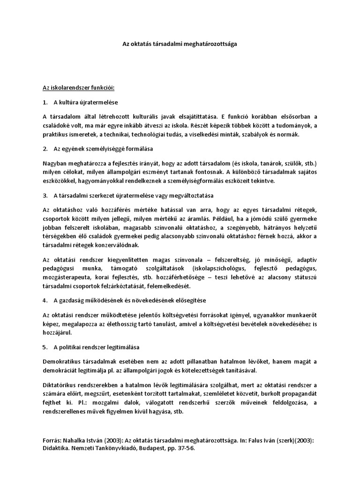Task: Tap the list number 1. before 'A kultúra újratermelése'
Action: tap(45, 102)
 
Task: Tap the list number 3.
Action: tap(45, 195)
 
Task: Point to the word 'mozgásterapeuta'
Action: tap(65, 277)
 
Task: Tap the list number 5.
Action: tap(45, 347)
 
